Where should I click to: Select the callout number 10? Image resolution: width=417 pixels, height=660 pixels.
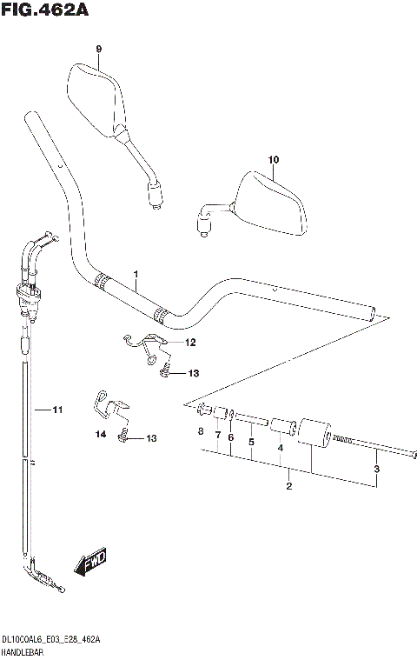click(274, 160)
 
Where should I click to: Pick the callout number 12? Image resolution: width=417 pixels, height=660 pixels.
click(190, 343)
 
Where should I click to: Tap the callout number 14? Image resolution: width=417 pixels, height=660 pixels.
click(100, 432)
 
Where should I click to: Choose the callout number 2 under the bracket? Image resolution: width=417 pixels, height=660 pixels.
click(289, 487)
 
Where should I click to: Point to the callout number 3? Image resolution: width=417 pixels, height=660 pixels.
click(376, 470)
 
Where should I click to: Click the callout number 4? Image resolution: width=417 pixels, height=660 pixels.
click(280, 450)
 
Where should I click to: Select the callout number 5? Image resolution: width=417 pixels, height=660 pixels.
click(251, 443)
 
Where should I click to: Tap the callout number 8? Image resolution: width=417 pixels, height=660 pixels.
click(201, 432)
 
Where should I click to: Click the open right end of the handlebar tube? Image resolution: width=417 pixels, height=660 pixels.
click(374, 314)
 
